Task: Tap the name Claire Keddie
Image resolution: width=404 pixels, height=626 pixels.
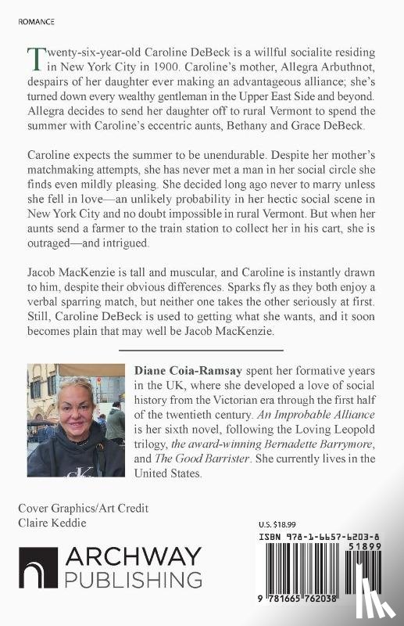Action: pos(52,523)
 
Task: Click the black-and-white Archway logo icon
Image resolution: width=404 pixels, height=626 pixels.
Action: pos(38,567)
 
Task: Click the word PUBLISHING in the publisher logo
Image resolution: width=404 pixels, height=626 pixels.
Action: pos(133,580)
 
